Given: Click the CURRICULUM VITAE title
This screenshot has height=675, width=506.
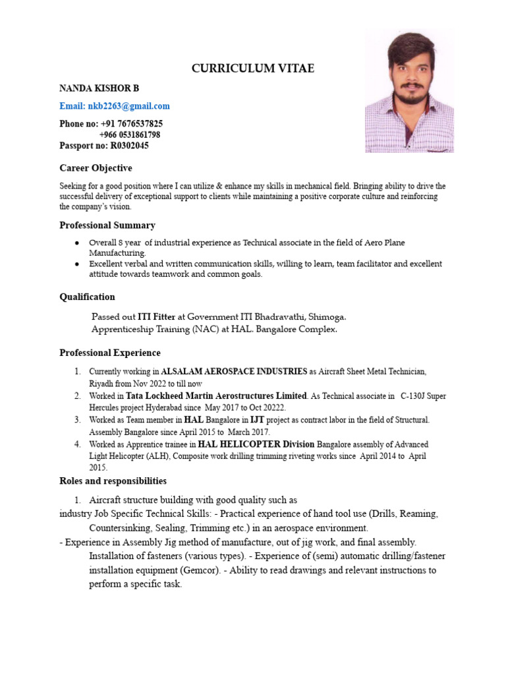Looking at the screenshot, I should [x=252, y=69].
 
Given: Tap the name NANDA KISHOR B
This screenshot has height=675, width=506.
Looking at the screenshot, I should [x=99, y=88].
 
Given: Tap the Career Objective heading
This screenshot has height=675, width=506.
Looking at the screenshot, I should [x=96, y=168].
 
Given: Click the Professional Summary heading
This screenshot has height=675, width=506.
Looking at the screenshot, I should [x=107, y=225].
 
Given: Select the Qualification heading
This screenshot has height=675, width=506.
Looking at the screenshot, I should [x=87, y=297].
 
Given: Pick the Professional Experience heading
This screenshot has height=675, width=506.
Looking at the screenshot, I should [x=110, y=353].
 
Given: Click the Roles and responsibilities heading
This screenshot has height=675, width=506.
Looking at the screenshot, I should [x=113, y=481].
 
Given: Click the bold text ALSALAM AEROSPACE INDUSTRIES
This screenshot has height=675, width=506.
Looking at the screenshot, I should [x=234, y=371].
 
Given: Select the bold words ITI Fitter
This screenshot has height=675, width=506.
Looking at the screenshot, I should [x=156, y=316].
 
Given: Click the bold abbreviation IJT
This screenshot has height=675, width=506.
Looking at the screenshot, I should [x=257, y=420].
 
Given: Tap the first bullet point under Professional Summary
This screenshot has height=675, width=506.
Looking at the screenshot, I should [x=78, y=243].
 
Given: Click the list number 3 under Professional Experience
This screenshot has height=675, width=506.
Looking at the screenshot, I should [x=78, y=420].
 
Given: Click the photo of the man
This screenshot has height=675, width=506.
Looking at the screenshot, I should [x=409, y=92].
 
